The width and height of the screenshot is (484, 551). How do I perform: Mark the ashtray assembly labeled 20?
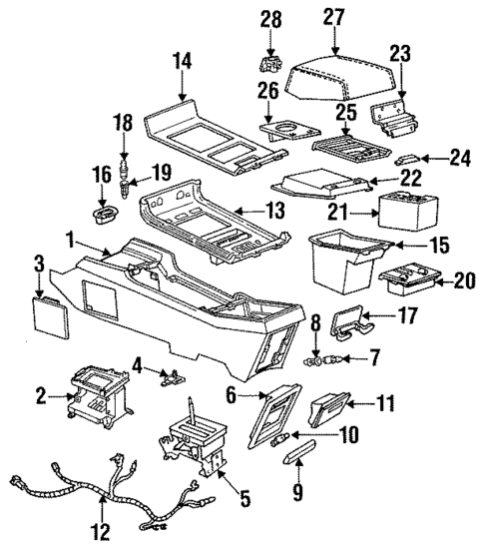point(409,283)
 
